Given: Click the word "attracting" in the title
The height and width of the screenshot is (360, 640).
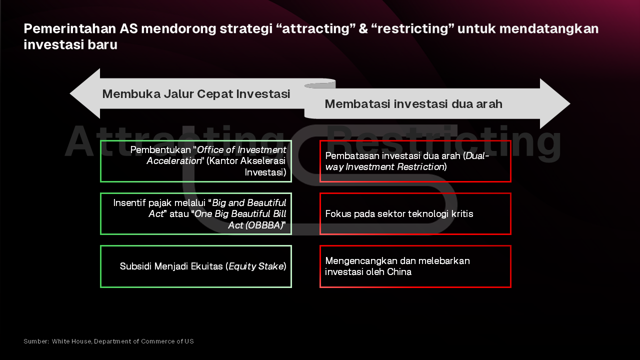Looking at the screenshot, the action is point(315,29).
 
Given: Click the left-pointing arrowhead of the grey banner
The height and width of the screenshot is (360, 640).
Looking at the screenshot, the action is point(85,93).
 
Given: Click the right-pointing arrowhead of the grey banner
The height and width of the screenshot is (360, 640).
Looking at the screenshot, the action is point(555,103).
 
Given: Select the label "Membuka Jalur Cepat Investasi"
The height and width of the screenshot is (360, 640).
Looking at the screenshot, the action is point(196,94).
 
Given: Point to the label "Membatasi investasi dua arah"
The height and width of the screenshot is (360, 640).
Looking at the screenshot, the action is point(413,104).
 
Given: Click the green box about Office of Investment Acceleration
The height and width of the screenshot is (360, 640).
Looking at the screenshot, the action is point(196,161).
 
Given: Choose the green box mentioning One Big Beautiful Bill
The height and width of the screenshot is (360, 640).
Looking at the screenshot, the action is point(196,213).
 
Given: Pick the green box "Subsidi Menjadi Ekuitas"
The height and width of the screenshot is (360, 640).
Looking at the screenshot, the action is point(196,266).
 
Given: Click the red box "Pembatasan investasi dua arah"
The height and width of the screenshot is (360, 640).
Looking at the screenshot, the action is point(415,161).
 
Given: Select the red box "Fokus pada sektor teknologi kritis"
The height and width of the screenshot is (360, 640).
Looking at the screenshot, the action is point(415,213).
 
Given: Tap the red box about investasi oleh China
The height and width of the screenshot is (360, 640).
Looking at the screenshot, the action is point(415,266).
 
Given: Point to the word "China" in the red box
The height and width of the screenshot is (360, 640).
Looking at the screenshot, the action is point(399,272).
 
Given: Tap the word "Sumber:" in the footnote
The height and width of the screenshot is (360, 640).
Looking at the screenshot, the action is point(36,341).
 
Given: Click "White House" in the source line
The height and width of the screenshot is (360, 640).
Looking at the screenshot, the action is point(71,341).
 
